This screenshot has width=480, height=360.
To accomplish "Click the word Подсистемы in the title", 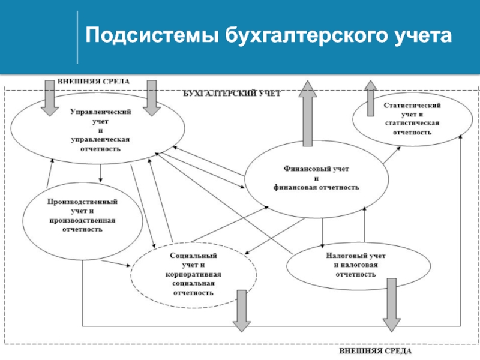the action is click(x=152, y=35).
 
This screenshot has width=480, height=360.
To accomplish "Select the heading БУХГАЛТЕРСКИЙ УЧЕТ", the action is click(x=232, y=94).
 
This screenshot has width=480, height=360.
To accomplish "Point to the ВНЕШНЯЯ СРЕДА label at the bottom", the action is click(x=376, y=351).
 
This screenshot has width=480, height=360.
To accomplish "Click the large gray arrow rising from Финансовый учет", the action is click(x=308, y=113).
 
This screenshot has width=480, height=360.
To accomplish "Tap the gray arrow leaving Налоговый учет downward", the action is click(x=392, y=305).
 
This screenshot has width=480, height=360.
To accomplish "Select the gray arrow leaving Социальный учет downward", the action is click(x=242, y=311).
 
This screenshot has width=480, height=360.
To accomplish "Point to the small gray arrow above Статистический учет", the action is click(x=370, y=98).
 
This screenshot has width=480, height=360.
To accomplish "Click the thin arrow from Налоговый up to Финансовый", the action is click(x=364, y=224).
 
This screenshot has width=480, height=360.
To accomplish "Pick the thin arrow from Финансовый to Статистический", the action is click(x=392, y=155).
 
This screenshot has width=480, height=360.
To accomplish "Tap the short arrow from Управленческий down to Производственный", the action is click(x=100, y=173).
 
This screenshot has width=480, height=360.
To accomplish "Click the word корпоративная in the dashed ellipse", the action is click(x=193, y=274).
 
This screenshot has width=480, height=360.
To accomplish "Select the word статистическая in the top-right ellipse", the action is click(x=412, y=123).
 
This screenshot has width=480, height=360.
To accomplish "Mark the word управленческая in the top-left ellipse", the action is click(x=100, y=140).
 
